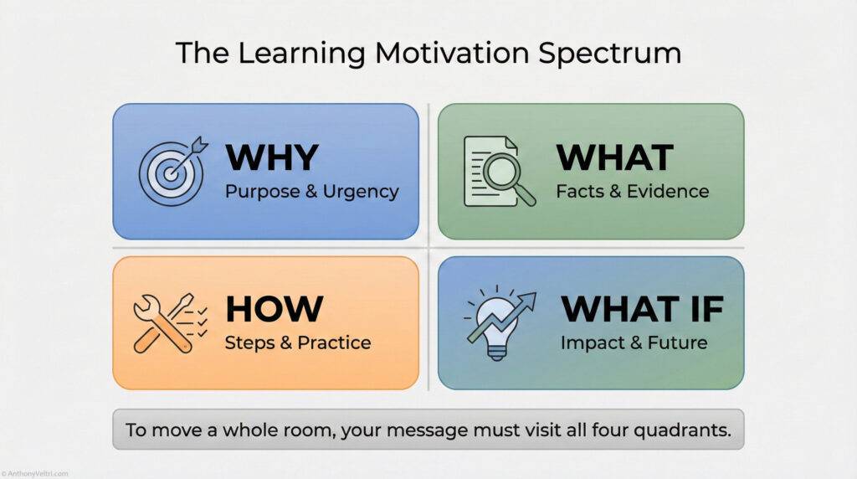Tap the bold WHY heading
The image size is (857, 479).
pos(272,157)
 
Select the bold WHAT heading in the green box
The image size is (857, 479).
pos(615,157)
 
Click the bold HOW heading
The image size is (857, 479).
pos(274,309)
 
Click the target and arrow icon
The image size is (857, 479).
pos(172,171)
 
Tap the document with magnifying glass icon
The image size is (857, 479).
pos(499,171)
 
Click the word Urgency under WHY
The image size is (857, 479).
pos(362,192)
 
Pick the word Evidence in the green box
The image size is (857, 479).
pos(668,192)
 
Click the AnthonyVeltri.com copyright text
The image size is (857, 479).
pos(34,473)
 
